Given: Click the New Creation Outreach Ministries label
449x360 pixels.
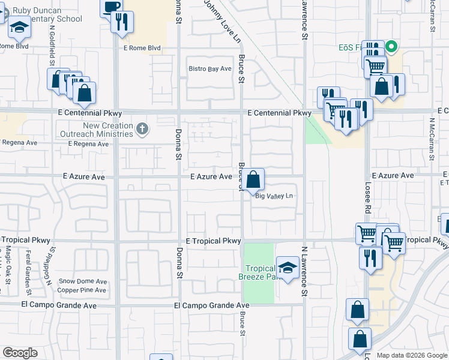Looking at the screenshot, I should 100,130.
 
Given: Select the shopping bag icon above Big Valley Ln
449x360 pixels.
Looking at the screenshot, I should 254,178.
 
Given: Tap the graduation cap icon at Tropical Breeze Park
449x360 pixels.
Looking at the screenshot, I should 288,268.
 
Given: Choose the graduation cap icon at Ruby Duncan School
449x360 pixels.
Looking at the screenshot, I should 19,27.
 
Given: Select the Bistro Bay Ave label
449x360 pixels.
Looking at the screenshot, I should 210,69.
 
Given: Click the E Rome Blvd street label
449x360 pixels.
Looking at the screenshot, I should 142,48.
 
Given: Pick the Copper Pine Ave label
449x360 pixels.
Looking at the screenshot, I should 82,290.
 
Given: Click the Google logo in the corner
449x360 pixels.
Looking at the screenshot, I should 20,353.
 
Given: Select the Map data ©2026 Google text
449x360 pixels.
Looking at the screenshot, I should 412,355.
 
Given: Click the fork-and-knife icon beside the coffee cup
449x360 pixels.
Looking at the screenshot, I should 122,22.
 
